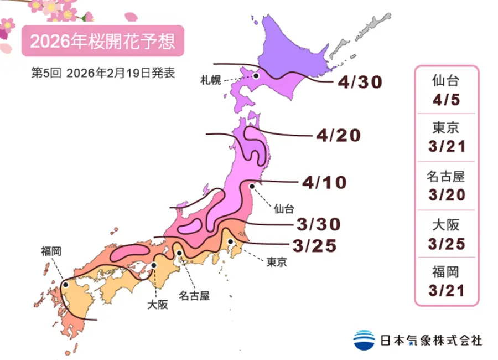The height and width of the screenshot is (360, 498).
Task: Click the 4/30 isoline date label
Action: [360, 83]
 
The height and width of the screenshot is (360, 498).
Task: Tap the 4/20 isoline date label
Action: [339, 135]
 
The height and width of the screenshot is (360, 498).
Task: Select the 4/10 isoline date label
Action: [324, 182]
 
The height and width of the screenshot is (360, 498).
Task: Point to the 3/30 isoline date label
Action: [318, 224]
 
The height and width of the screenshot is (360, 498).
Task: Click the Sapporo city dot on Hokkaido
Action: [256, 76]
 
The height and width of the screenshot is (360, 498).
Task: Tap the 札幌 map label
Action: [211, 81]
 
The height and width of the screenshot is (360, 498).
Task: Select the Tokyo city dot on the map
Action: [230, 242]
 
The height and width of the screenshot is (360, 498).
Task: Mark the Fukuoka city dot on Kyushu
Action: [65, 285]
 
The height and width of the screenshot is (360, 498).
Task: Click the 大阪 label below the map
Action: [158, 304]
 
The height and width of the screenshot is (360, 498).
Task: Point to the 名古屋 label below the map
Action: [194, 296]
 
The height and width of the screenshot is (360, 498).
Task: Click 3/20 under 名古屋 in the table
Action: [447, 195]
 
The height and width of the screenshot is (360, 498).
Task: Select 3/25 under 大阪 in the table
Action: [447, 243]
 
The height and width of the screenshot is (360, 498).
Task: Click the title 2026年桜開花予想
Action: [102, 41]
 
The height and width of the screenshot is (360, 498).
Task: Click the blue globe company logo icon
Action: [364, 340]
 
